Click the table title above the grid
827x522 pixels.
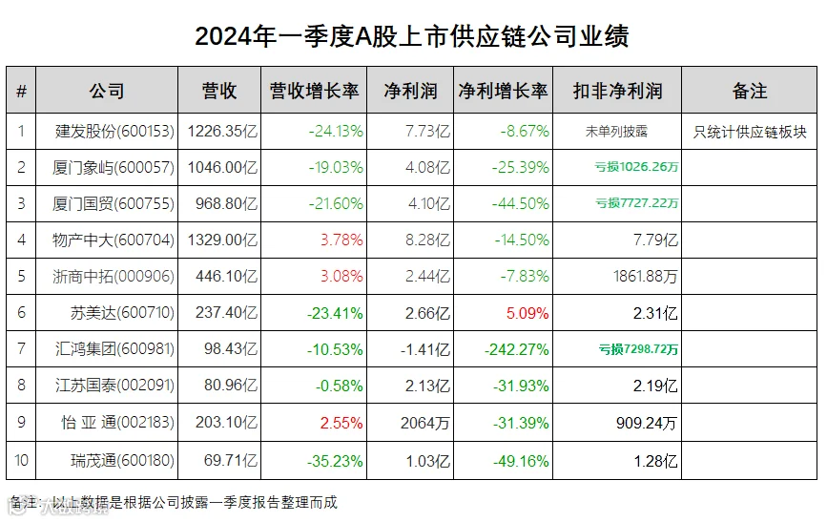[x=412, y=36]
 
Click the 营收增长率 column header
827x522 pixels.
[x=314, y=91]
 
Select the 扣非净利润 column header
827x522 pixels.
[x=617, y=91]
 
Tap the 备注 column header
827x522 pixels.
[x=749, y=91]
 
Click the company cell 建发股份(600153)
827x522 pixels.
[x=114, y=131]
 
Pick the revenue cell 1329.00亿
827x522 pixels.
[x=222, y=240]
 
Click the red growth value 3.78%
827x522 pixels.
[x=341, y=240]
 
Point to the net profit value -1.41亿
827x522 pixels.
[x=425, y=349]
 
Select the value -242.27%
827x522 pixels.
[x=517, y=349]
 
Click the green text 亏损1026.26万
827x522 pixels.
[x=636, y=167]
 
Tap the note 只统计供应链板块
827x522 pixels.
[x=750, y=132]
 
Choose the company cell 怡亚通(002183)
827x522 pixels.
[x=117, y=422]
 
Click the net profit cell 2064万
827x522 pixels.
[x=425, y=423]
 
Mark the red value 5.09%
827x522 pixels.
[x=527, y=314]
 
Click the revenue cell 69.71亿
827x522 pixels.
[x=231, y=460]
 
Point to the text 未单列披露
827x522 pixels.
[x=616, y=132]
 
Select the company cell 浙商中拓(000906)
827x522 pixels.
[x=114, y=276]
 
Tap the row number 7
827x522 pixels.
[x=21, y=349]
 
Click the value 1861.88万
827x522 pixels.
[x=646, y=276]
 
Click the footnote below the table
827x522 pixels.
[x=173, y=503]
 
